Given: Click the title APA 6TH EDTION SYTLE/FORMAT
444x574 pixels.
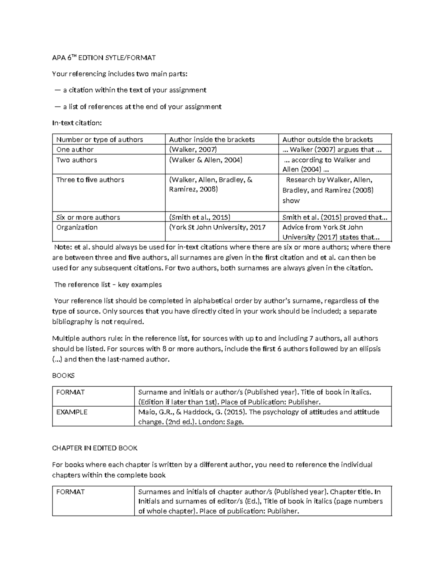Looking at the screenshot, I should [104, 58].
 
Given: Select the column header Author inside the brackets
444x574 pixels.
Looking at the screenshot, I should [212, 139].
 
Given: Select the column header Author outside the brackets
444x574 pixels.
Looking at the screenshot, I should [327, 139].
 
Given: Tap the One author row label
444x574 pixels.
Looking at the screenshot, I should [75, 149].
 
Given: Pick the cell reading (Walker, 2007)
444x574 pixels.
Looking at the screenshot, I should [193, 149].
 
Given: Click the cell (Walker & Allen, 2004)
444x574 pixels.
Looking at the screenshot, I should [206, 160].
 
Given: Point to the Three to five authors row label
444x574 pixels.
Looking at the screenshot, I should [90, 180].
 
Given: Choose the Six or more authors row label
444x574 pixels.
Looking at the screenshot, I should [88, 217].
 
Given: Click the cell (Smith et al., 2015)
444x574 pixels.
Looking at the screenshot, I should [200, 217].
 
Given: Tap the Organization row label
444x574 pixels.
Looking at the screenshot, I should [77, 227].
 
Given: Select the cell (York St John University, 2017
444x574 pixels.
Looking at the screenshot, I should [217, 227].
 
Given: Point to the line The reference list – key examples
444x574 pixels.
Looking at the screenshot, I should [108, 285].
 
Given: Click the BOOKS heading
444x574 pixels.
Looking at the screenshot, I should [63, 376].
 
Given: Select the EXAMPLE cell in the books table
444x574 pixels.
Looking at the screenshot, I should [72, 412].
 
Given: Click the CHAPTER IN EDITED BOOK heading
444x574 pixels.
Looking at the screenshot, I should [95, 448].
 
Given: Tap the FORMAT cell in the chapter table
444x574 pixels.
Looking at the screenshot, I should [70, 492].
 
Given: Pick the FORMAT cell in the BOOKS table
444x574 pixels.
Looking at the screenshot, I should [70, 392].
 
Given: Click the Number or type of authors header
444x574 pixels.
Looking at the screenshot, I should [100, 139].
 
